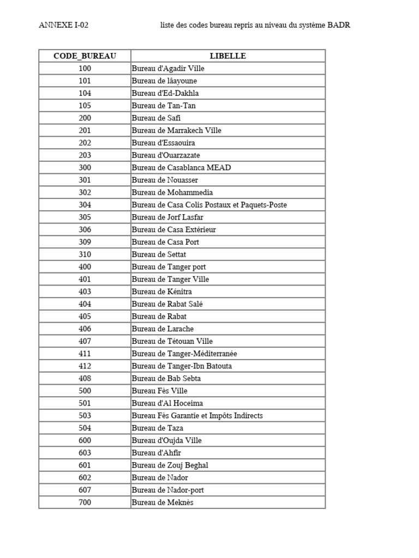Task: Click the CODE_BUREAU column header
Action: pos(85,56)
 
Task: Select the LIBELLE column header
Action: pos(228,56)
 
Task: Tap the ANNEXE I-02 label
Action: pos(63,26)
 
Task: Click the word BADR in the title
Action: pos(338,26)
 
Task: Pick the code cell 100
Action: pos(85,69)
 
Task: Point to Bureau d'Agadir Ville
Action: pos(168,69)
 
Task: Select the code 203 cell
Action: pos(85,155)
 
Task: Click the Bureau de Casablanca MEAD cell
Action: pos(181,168)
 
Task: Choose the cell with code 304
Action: pos(85,205)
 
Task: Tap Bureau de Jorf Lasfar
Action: pos(167,217)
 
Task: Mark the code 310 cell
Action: pos(85,254)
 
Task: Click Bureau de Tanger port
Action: pos(169,267)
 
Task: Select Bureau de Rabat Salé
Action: pos(167,304)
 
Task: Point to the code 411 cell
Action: pos(85,354)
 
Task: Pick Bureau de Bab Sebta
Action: pos(166,379)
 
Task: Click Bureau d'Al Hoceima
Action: pos(167,403)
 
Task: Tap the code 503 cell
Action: pos(85,416)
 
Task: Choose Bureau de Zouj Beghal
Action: pos(170,465)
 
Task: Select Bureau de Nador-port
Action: pos(168,490)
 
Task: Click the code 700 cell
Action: pos(85,502)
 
